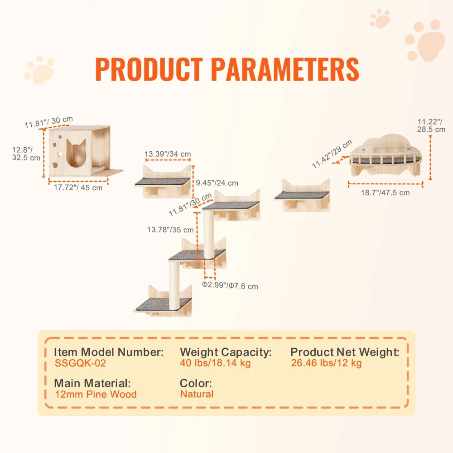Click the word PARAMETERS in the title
[x=285, y=69]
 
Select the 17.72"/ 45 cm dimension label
[x=78, y=188]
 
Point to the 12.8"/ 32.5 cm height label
[x=26, y=154]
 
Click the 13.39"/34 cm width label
[x=168, y=154]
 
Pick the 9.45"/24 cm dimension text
[x=217, y=183]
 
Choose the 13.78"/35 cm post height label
[x=170, y=230]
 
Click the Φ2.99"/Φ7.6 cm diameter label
[x=230, y=285]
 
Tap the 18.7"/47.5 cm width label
[x=385, y=193]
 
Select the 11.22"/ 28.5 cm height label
[x=431, y=125]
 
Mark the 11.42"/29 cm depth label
[x=332, y=154]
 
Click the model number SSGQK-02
[x=80, y=363]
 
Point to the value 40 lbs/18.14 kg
[x=215, y=363]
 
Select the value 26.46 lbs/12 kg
[x=326, y=363]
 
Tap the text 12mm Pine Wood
[x=96, y=394]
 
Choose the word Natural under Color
[x=197, y=394]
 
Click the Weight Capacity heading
[x=226, y=352]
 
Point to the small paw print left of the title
[x=39, y=70]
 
